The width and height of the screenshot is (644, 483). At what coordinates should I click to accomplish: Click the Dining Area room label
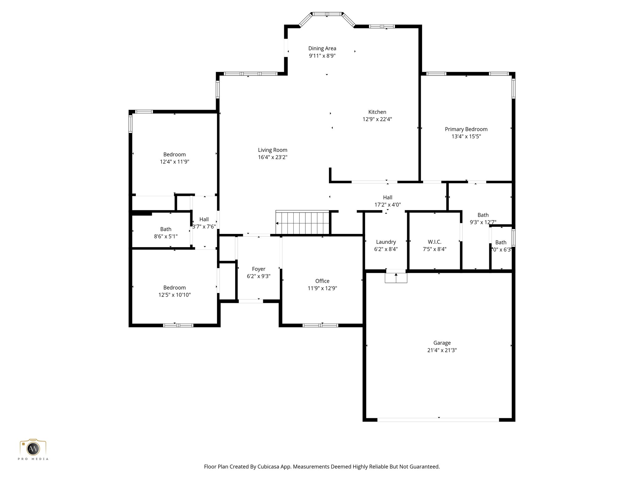click(322, 48)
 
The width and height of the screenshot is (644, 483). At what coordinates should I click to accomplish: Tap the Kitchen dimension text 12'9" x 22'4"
click(377, 119)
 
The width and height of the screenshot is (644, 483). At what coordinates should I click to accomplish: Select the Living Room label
click(272, 150)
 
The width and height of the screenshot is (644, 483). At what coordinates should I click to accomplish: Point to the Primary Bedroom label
click(466, 129)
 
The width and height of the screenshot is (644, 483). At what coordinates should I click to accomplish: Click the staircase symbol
click(302, 223)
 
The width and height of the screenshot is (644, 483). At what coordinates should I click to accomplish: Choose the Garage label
click(442, 343)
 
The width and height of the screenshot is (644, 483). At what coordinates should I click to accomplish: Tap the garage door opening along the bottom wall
click(438, 419)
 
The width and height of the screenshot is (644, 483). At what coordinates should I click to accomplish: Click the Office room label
click(322, 281)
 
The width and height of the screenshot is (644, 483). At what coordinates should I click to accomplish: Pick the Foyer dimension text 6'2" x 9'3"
click(258, 276)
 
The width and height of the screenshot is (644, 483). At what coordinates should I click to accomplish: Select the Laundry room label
click(386, 242)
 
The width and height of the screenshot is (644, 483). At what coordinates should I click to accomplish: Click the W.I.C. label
click(434, 242)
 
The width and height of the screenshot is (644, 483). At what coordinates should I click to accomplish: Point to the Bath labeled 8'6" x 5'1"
click(166, 229)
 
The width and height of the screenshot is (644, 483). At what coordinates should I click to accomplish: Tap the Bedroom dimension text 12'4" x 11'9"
click(175, 162)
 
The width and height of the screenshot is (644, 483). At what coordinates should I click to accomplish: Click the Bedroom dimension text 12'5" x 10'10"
click(175, 295)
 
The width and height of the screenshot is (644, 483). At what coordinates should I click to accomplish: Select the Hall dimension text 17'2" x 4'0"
click(387, 205)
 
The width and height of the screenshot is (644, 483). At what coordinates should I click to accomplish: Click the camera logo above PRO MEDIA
click(33, 448)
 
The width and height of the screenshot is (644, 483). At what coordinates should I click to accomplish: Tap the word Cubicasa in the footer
click(269, 467)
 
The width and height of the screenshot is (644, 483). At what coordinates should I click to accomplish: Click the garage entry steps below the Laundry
click(396, 278)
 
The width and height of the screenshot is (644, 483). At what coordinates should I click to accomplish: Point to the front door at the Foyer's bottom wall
click(251, 301)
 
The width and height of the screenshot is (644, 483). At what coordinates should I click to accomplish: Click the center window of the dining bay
click(327, 14)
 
